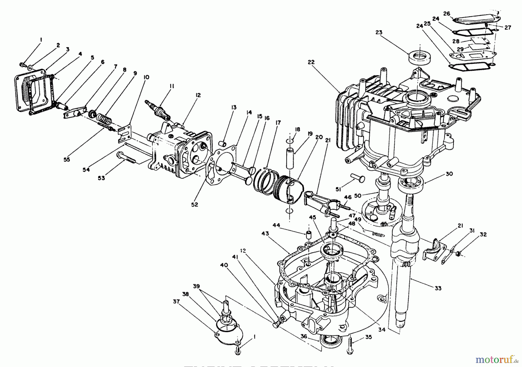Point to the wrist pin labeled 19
(x=290, y=158)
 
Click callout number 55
(x=67, y=159)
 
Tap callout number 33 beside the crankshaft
(x=438, y=288)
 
